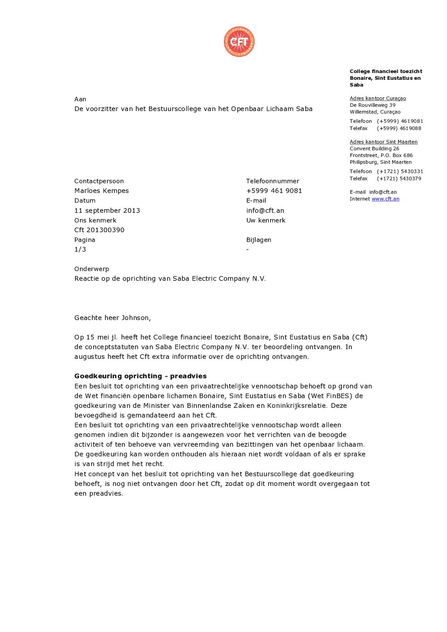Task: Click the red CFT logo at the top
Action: point(239,41)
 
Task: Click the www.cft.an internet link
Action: point(385,199)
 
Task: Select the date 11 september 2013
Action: point(107,210)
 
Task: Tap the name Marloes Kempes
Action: point(101,191)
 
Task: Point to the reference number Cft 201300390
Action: point(99,230)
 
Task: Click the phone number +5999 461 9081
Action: point(274,191)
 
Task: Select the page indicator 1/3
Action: point(80,250)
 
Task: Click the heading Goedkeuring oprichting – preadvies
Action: point(140,376)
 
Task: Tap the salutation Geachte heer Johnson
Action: point(112,318)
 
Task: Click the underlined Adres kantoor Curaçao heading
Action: point(378,98)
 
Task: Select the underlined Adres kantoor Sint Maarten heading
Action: point(383,142)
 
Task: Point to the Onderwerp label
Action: point(92,269)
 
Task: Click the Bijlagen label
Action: point(259,240)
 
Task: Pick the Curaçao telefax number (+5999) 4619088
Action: point(399,128)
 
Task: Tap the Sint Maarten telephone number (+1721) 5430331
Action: point(400,171)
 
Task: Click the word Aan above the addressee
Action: point(80,99)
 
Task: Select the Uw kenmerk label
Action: point(266,220)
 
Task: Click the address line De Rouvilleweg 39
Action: point(372,105)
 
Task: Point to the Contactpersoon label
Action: point(99,181)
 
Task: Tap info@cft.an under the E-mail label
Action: point(265,210)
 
